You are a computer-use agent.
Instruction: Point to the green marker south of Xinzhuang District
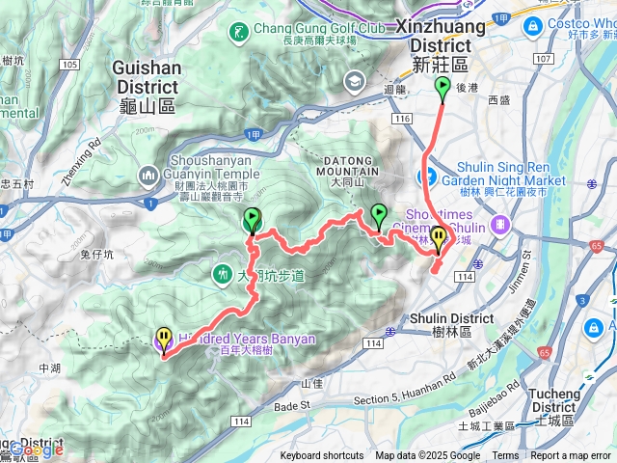(x=443, y=90)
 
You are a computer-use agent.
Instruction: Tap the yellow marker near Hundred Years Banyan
(x=164, y=339)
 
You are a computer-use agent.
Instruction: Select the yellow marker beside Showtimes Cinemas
(x=439, y=237)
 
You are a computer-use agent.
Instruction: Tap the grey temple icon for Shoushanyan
(x=148, y=176)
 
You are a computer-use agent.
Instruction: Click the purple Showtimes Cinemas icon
(x=499, y=224)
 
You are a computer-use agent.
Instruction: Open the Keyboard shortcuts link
(x=322, y=456)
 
